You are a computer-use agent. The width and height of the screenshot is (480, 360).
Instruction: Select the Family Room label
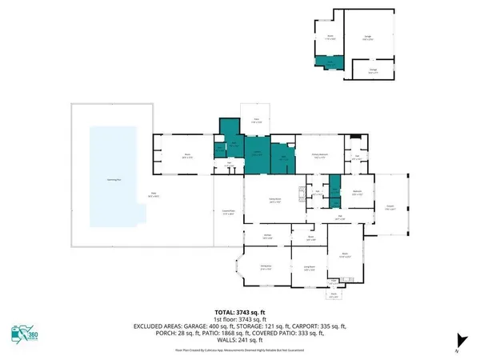coord(275,202)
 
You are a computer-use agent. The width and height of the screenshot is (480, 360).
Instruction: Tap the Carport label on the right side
coord(390,208)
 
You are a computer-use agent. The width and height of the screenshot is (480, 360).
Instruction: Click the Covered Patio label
coord(227,212)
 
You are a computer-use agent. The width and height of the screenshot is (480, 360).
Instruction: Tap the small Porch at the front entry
coord(334,294)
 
